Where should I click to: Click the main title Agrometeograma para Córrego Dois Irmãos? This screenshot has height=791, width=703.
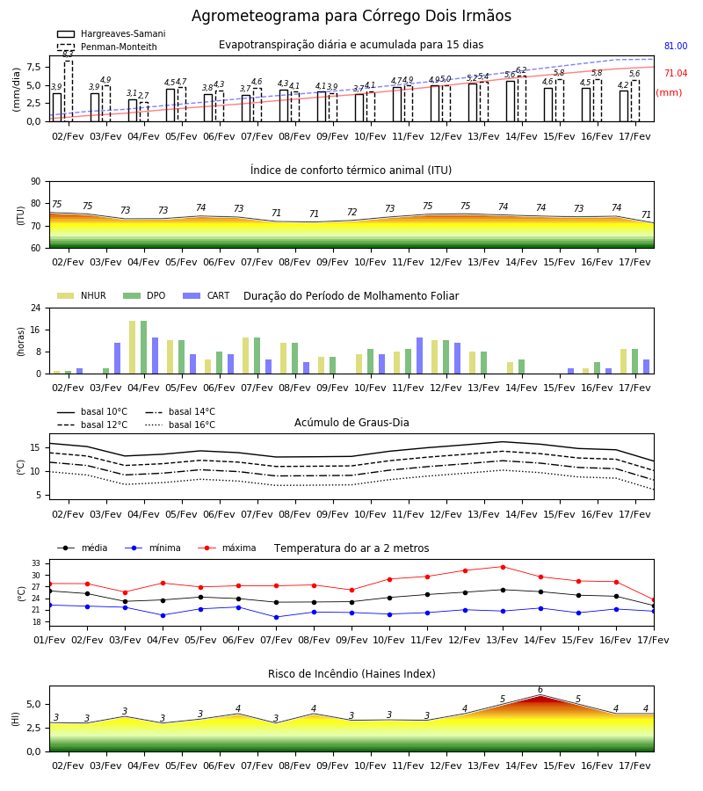(x=351, y=16)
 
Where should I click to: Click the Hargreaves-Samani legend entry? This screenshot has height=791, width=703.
(x=111, y=33)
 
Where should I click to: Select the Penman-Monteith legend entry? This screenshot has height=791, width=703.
(x=107, y=47)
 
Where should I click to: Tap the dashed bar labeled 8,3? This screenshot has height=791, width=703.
(x=68, y=91)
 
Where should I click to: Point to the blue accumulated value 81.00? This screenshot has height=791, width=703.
(x=675, y=46)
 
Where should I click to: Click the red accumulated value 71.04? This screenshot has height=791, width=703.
(x=675, y=73)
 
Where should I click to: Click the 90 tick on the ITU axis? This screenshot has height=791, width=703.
(x=36, y=182)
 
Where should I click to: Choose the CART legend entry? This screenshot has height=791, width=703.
(x=206, y=295)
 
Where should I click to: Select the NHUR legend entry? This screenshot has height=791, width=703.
(x=81, y=295)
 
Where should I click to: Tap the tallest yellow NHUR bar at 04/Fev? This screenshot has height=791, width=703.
(x=132, y=347)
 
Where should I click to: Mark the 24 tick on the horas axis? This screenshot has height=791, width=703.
(x=36, y=308)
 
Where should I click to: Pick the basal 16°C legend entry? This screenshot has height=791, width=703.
(x=179, y=425)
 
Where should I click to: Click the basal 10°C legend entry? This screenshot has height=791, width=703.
(x=92, y=411)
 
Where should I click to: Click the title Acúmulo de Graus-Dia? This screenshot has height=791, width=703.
(x=351, y=423)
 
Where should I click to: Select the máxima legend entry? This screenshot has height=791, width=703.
(x=227, y=548)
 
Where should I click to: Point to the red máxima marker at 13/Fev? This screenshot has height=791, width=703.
(x=503, y=567)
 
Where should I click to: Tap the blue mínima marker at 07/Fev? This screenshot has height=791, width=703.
(x=276, y=617)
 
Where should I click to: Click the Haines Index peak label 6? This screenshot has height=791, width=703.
(x=540, y=690)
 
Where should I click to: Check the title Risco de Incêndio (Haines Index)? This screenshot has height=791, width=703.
(x=351, y=674)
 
